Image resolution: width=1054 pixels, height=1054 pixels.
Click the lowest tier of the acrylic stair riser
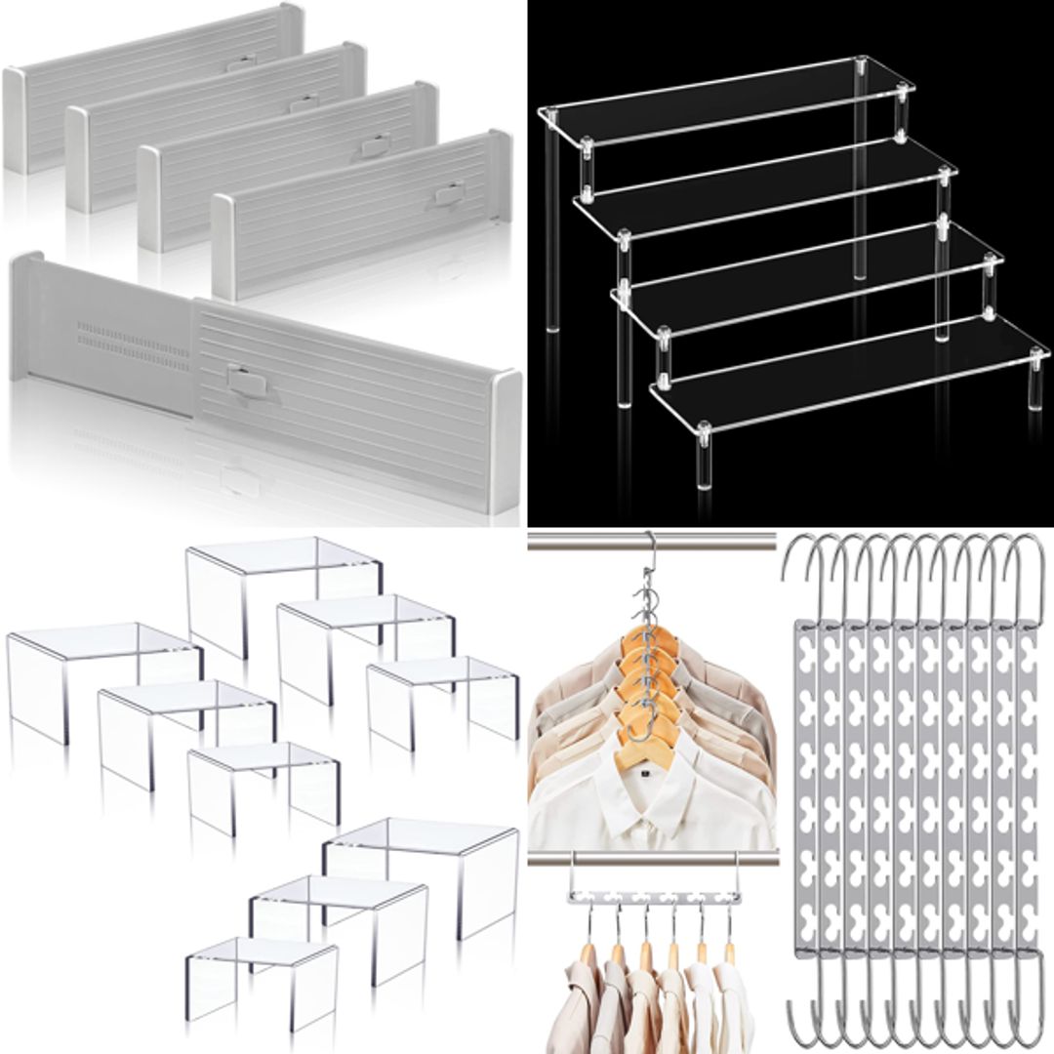[849, 381]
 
